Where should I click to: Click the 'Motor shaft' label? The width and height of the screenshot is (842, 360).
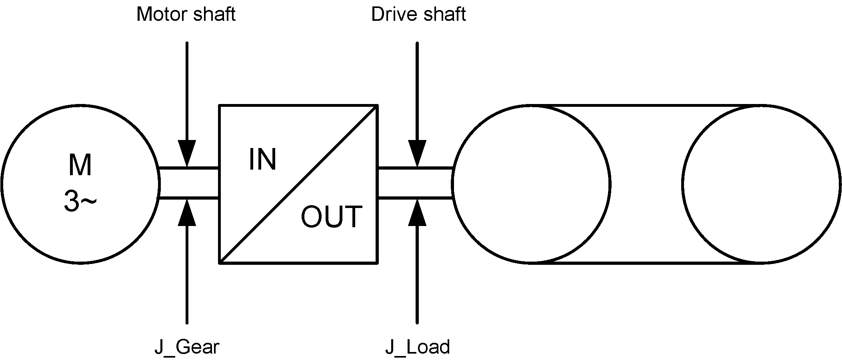(x=186, y=15)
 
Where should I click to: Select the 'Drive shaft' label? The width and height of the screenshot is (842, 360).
(x=418, y=15)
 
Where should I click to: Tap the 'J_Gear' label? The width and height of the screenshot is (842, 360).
(x=187, y=347)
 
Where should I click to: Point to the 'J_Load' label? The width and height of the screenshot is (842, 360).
(x=417, y=347)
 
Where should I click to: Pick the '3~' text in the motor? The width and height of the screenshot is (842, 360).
(x=80, y=201)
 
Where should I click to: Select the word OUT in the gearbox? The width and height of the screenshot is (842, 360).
(x=331, y=217)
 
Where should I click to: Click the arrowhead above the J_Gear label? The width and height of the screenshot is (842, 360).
(x=187, y=212)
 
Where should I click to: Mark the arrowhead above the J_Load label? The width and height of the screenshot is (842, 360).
(x=417, y=212)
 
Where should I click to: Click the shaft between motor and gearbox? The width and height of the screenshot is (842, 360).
(x=189, y=183)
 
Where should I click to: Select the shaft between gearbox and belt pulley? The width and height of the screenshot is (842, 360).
(x=415, y=183)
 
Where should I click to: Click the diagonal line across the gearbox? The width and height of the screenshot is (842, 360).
(x=298, y=184)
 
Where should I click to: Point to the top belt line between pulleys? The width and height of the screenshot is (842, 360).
(x=646, y=106)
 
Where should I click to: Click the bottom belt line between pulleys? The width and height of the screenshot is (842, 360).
(x=646, y=263)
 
